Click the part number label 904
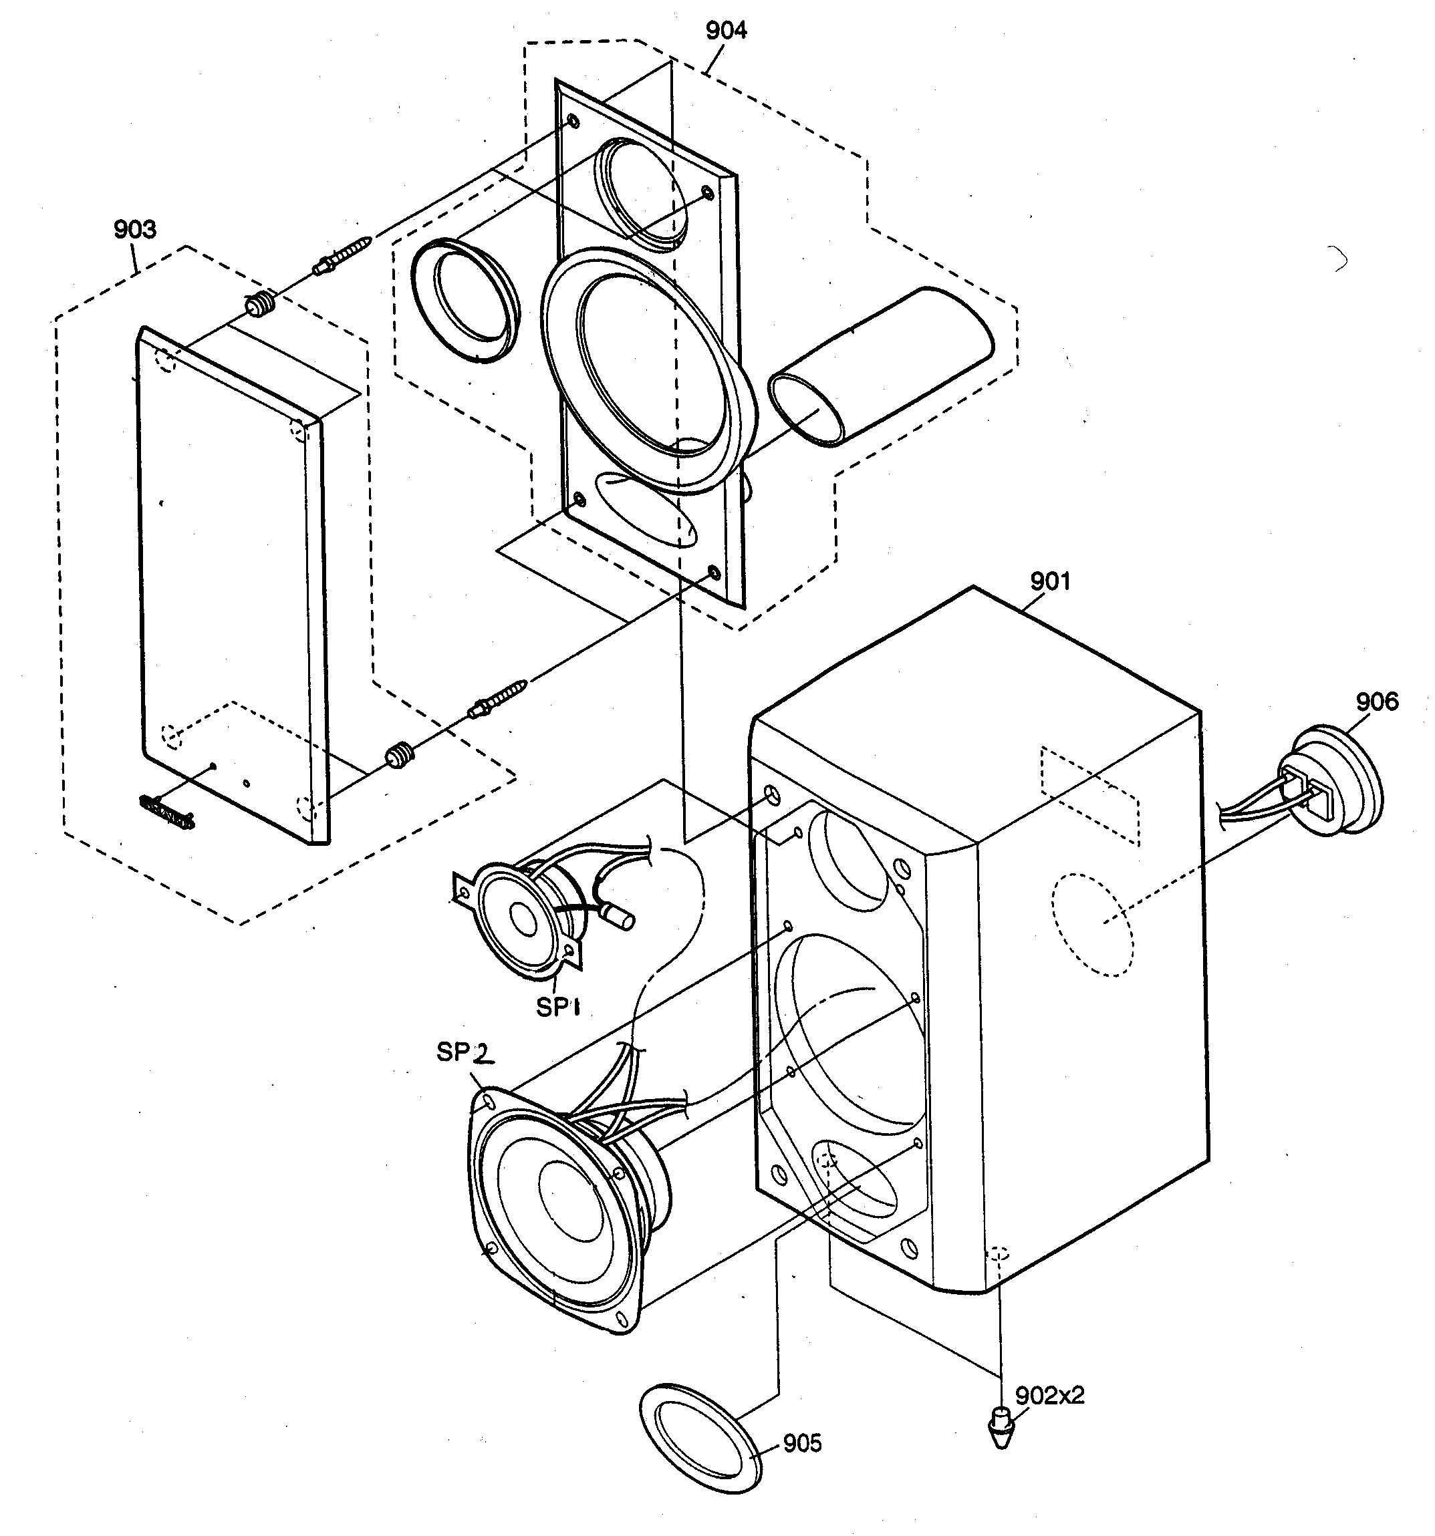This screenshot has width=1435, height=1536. pos(726,31)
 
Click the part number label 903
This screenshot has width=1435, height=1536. pos(134,229)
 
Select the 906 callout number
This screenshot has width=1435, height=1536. pos(1376,702)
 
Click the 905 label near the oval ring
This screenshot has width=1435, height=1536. pos(802,1443)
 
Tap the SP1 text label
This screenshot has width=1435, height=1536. pos(558,1007)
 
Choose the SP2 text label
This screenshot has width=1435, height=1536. pos(463,1052)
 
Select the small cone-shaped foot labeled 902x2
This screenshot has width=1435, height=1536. pos(1001,1427)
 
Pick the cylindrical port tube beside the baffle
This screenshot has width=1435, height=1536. pos(881,367)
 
